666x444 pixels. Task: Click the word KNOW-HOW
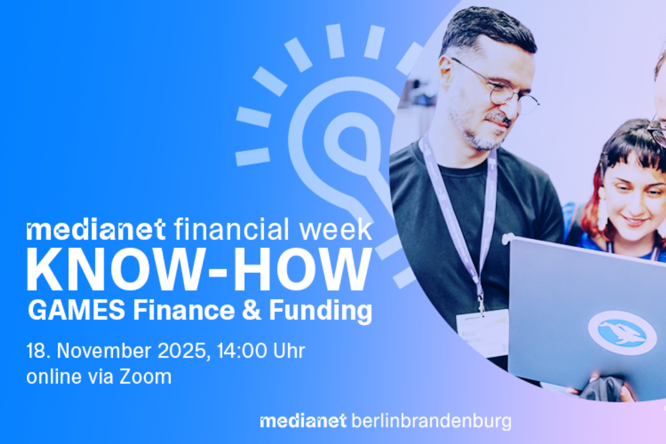199,269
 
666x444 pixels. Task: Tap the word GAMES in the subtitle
77,310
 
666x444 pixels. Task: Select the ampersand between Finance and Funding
251,310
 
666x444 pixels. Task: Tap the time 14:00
242,351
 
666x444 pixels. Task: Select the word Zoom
145,377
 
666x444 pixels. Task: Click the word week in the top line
336,230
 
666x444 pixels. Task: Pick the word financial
231,229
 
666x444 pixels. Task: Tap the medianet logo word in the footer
303,421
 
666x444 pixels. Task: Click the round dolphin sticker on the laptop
622,333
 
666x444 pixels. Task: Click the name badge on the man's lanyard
482,333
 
